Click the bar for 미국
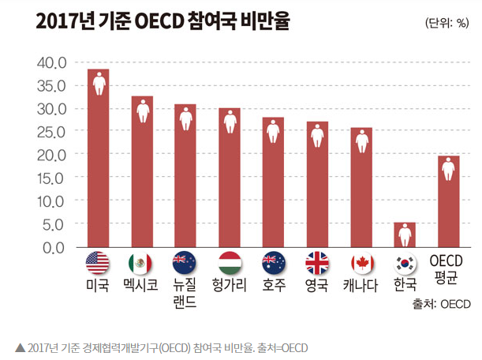pyautogui.click(x=98, y=158)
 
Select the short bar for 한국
pyautogui.click(x=405, y=234)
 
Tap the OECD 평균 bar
pyautogui.click(x=449, y=201)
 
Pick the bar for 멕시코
pyautogui.click(x=142, y=171)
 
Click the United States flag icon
pyautogui.click(x=98, y=263)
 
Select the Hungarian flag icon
pyautogui.click(x=230, y=263)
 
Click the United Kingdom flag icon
pyautogui.click(x=317, y=263)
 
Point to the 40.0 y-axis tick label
pyautogui.click(x=51, y=63)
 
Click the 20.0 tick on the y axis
pyautogui.click(x=51, y=156)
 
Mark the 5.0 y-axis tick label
pyautogui.click(x=54, y=225)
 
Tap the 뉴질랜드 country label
pyautogui.click(x=185, y=293)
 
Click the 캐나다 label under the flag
pyautogui.click(x=361, y=285)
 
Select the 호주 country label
pyautogui.click(x=274, y=285)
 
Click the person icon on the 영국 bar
pyautogui.click(x=317, y=136)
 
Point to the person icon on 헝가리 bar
pyautogui.click(x=230, y=122)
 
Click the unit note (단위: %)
pyautogui.click(x=447, y=23)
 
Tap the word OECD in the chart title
pyautogui.click(x=159, y=21)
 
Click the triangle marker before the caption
pyautogui.click(x=21, y=347)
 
